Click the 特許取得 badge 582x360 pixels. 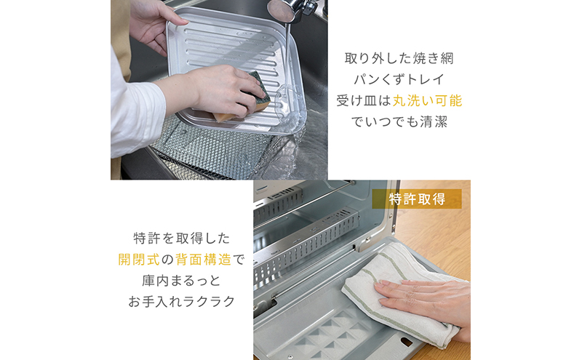416,199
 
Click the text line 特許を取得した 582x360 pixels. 181,237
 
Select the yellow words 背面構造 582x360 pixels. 205,258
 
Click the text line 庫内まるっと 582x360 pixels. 181,279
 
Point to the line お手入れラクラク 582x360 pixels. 181,300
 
